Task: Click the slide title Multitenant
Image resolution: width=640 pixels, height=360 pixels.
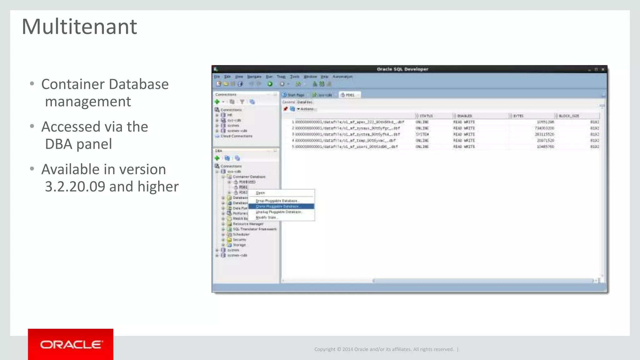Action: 79,27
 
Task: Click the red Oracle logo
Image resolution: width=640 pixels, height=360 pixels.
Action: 71,344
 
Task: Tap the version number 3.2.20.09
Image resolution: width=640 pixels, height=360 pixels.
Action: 75,187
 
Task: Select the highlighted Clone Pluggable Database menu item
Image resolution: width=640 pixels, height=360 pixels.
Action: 278,207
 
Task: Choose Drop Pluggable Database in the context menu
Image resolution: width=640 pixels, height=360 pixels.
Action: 277,201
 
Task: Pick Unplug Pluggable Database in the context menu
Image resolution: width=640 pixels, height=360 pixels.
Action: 278,212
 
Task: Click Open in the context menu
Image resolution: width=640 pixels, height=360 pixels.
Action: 260,193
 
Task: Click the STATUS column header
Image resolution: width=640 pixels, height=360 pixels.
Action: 426,116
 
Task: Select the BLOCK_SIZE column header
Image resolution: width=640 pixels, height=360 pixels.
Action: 569,116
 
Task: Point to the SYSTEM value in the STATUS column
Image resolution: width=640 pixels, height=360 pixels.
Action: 422,134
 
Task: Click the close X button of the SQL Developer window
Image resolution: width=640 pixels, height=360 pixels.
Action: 603,69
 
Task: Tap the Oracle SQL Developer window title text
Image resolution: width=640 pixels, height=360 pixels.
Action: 402,69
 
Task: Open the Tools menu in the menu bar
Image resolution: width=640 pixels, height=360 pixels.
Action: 294,77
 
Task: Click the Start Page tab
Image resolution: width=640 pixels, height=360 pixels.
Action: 295,95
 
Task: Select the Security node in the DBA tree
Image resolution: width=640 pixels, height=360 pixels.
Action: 239,240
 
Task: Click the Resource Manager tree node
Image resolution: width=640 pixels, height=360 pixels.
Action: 248,224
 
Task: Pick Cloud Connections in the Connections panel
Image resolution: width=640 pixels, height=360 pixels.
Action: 236,136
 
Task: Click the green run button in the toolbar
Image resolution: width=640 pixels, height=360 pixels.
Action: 270,84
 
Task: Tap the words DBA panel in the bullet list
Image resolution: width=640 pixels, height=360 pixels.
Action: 78,144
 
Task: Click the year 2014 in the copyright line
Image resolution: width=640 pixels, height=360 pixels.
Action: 347,349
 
